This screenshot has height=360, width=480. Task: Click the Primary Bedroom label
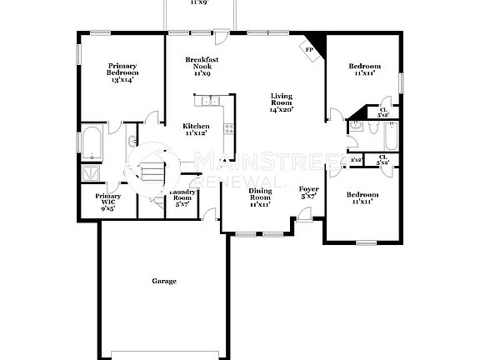tap(121, 72)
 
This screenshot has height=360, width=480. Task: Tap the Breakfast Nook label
tap(201, 67)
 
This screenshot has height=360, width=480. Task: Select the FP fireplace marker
tap(309, 50)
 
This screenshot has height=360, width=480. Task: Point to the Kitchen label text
tap(196, 129)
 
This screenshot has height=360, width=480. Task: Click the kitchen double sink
tap(208, 102)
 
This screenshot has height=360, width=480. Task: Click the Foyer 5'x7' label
tap(308, 193)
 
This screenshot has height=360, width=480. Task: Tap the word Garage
tap(163, 282)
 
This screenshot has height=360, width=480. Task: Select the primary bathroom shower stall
tap(90, 173)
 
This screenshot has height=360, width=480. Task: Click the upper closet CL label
tap(383, 112)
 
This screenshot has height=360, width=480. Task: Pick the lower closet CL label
tap(382, 159)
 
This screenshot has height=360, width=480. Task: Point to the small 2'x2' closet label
tap(355, 159)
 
